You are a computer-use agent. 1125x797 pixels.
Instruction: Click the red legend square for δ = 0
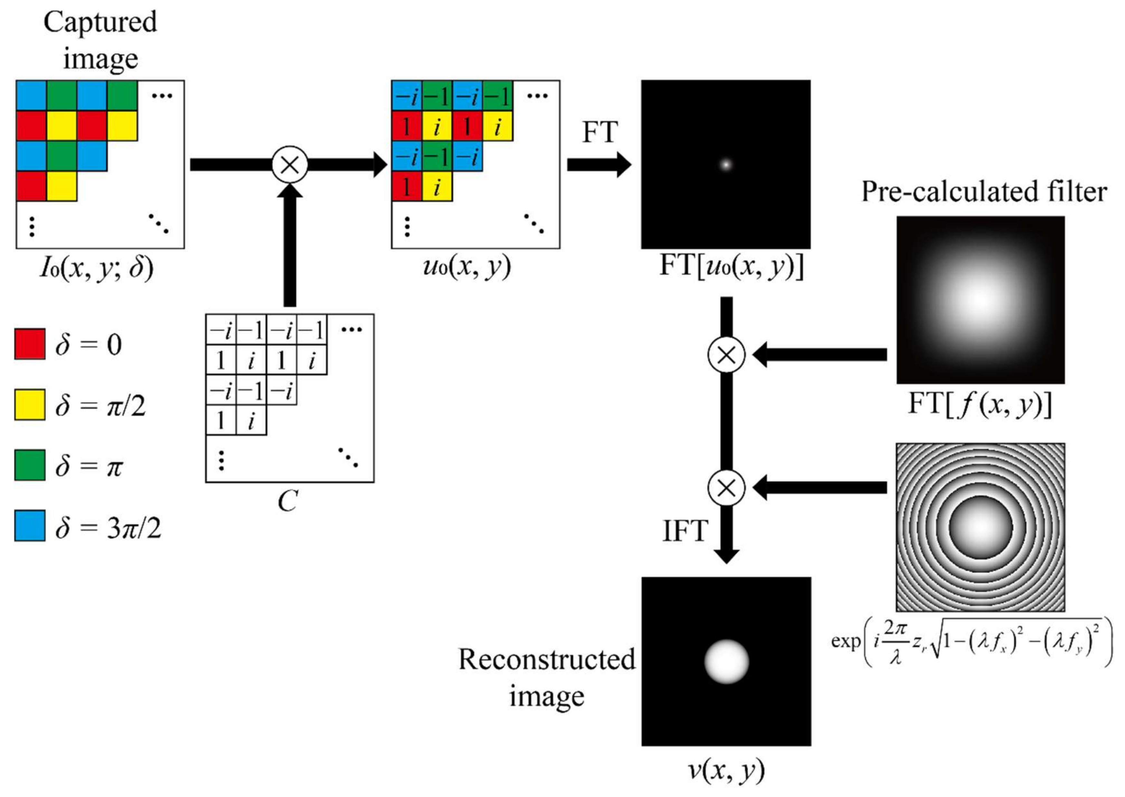(30, 344)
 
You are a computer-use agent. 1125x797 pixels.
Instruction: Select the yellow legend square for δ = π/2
(30, 405)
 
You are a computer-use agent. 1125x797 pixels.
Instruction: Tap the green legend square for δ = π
(30, 465)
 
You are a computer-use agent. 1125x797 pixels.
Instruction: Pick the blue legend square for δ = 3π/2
(30, 526)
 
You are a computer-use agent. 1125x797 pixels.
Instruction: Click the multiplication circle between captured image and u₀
(290, 165)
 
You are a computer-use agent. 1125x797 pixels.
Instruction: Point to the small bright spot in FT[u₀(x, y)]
(726, 164)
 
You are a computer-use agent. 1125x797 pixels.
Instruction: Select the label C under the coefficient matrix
(288, 502)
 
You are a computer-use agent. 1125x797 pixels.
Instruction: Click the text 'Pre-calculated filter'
(984, 192)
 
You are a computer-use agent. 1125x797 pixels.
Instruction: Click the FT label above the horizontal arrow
(599, 133)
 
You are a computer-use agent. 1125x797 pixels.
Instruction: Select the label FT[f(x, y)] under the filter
(979, 405)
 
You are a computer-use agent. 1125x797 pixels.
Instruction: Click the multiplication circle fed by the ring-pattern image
(726, 488)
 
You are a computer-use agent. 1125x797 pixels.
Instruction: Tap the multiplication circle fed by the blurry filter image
(726, 355)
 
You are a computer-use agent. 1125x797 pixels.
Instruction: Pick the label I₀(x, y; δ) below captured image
(97, 268)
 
